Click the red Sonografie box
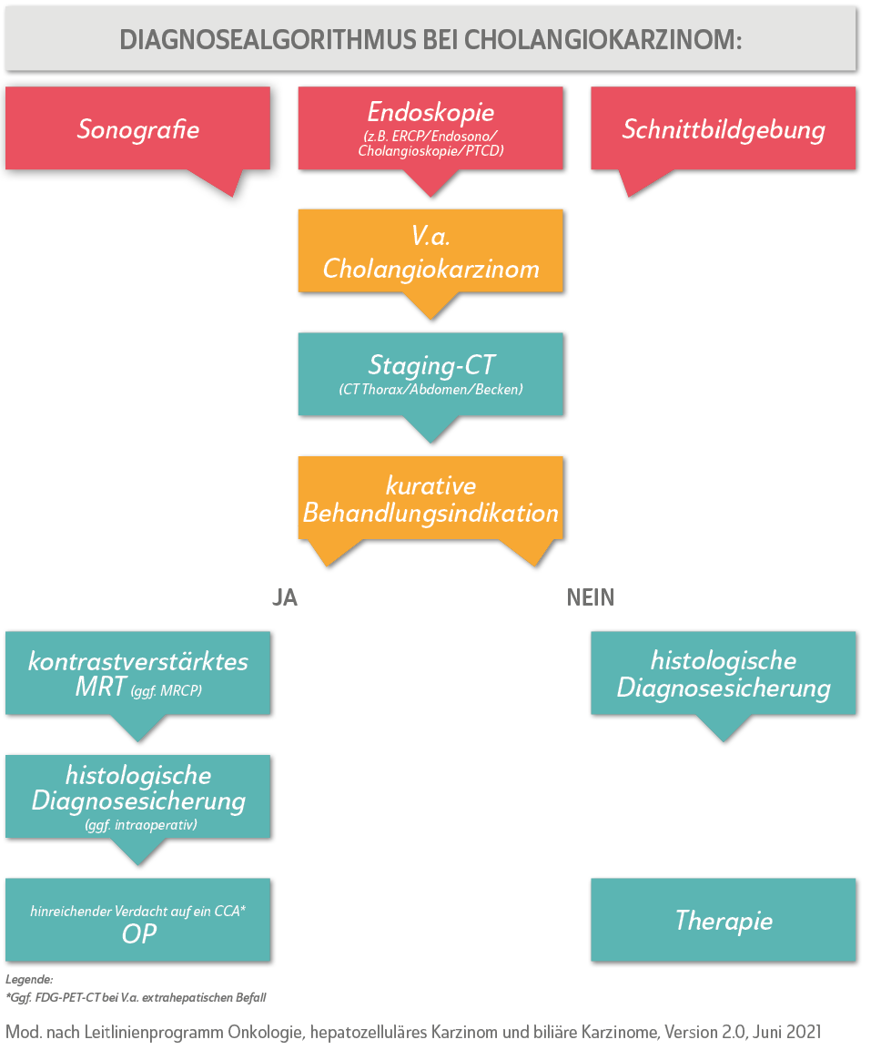click(137, 128)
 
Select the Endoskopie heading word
click(430, 112)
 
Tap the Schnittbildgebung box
click(723, 128)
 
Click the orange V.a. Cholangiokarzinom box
click(430, 251)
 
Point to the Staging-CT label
click(430, 365)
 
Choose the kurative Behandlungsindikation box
click(430, 498)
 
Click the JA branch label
click(284, 597)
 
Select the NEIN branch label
click(590, 597)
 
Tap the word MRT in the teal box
click(100, 687)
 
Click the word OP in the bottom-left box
click(138, 933)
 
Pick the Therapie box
click(723, 920)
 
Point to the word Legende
click(29, 980)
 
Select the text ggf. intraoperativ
click(138, 825)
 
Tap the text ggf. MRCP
click(167, 691)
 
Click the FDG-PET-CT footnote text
click(137, 998)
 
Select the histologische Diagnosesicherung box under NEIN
click(723, 673)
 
